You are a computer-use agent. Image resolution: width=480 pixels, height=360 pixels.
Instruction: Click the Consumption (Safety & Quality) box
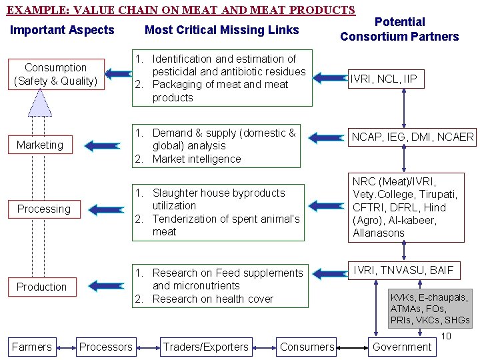55,75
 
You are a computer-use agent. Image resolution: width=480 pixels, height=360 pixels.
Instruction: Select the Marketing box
40,145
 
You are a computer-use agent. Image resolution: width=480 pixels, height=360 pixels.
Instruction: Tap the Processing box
43,209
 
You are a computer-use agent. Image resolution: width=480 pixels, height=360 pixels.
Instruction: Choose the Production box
41,287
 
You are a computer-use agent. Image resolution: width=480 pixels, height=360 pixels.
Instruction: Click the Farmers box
31,347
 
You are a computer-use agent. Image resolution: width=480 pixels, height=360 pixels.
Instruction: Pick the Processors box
105,347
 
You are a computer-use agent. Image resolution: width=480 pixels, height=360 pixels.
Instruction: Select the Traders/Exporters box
205,347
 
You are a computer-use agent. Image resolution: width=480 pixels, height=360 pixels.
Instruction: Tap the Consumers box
307,347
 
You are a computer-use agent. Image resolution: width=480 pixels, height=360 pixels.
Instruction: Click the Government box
402,347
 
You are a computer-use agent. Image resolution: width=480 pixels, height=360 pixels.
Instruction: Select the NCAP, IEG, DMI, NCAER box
413,137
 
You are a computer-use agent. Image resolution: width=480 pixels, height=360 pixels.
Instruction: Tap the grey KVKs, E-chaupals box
430,309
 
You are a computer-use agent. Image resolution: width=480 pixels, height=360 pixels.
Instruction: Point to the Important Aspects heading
62,30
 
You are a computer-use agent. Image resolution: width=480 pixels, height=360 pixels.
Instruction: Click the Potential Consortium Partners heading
399,29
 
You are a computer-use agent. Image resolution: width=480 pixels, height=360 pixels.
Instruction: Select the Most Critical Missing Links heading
222,30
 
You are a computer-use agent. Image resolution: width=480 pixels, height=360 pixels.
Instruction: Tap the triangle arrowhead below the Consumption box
40,103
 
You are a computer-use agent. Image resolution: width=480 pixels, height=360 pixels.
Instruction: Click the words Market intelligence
197,159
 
